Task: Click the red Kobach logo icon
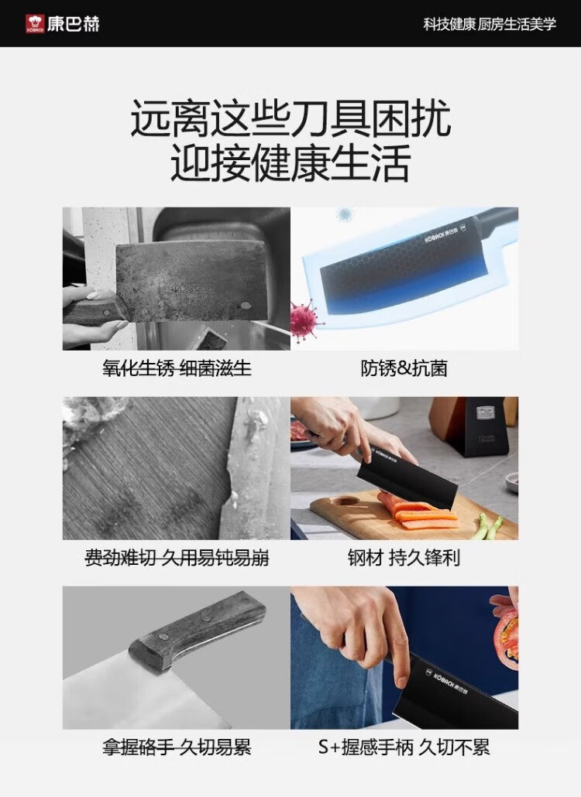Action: click(x=35, y=24)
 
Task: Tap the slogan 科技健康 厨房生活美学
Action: click(x=490, y=24)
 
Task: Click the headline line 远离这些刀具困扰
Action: click(x=290, y=118)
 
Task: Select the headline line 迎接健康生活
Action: click(x=290, y=162)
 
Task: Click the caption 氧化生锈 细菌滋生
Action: click(x=177, y=368)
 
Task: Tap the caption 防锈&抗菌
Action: click(x=404, y=368)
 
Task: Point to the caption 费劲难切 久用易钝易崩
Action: click(x=177, y=558)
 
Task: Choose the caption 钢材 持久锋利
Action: click(x=404, y=558)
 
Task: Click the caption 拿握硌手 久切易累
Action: click(x=177, y=747)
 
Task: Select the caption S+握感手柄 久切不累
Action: click(x=404, y=747)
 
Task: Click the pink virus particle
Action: click(x=306, y=318)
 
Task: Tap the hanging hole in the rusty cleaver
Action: click(x=246, y=306)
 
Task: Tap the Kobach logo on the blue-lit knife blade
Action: click(x=442, y=236)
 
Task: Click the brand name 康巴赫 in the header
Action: click(x=74, y=24)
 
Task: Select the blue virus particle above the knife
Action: click(x=346, y=214)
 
